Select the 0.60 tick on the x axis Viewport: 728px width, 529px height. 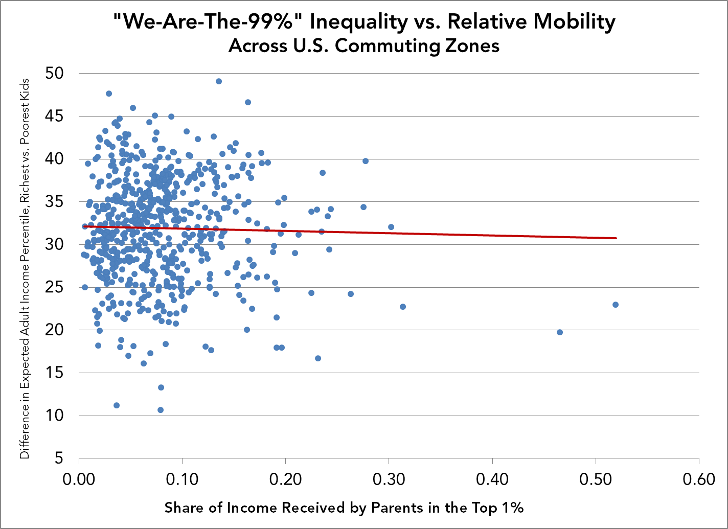(x=699, y=481)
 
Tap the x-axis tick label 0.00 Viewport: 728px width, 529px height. (x=79, y=481)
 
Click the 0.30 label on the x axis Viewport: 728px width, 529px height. (x=389, y=481)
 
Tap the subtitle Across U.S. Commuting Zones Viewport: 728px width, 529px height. (x=363, y=46)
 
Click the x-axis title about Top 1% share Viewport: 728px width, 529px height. (x=344, y=508)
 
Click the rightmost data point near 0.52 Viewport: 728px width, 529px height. (x=616, y=305)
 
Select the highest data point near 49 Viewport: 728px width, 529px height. (x=219, y=81)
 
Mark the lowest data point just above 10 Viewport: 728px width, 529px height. (x=161, y=410)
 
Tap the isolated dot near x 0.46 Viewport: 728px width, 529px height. (x=560, y=332)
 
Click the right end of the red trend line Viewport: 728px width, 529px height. (x=616, y=238)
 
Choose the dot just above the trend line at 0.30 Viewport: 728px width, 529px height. (x=391, y=227)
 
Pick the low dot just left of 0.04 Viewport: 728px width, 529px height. (x=117, y=405)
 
